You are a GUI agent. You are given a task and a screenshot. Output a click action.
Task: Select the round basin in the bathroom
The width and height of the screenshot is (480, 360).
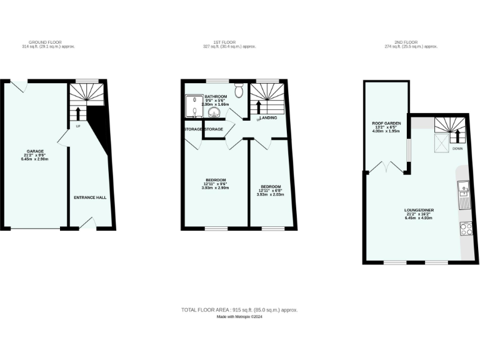pyautogui.click(x=214, y=113)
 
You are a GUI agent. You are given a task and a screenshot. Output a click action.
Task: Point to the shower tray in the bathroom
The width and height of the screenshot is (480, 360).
pyautogui.click(x=192, y=106)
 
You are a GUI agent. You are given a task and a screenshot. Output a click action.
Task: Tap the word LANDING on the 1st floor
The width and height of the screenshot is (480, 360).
pyautogui.click(x=269, y=117)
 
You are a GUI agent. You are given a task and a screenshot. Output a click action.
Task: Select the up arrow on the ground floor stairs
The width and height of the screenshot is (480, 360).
pyautogui.click(x=78, y=113)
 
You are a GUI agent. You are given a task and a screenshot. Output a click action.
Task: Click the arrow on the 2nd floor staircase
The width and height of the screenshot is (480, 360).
pyautogui.click(x=456, y=136)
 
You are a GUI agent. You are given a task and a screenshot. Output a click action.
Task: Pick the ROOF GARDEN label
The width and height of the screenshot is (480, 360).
pyautogui.click(x=386, y=124)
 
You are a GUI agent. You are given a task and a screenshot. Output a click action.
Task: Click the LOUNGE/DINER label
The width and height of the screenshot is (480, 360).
pyautogui.click(x=419, y=209)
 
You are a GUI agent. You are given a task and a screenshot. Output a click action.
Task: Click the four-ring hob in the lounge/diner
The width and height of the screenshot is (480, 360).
pyautogui.click(x=466, y=229)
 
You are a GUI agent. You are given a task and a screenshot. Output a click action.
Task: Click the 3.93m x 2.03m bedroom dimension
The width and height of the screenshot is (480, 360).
pyautogui.click(x=270, y=194)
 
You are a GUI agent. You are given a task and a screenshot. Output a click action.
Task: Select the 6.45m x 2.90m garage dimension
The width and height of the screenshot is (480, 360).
pyautogui.click(x=34, y=159)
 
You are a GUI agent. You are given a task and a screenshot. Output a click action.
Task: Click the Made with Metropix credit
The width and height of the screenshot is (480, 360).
pyautogui.click(x=239, y=317)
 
